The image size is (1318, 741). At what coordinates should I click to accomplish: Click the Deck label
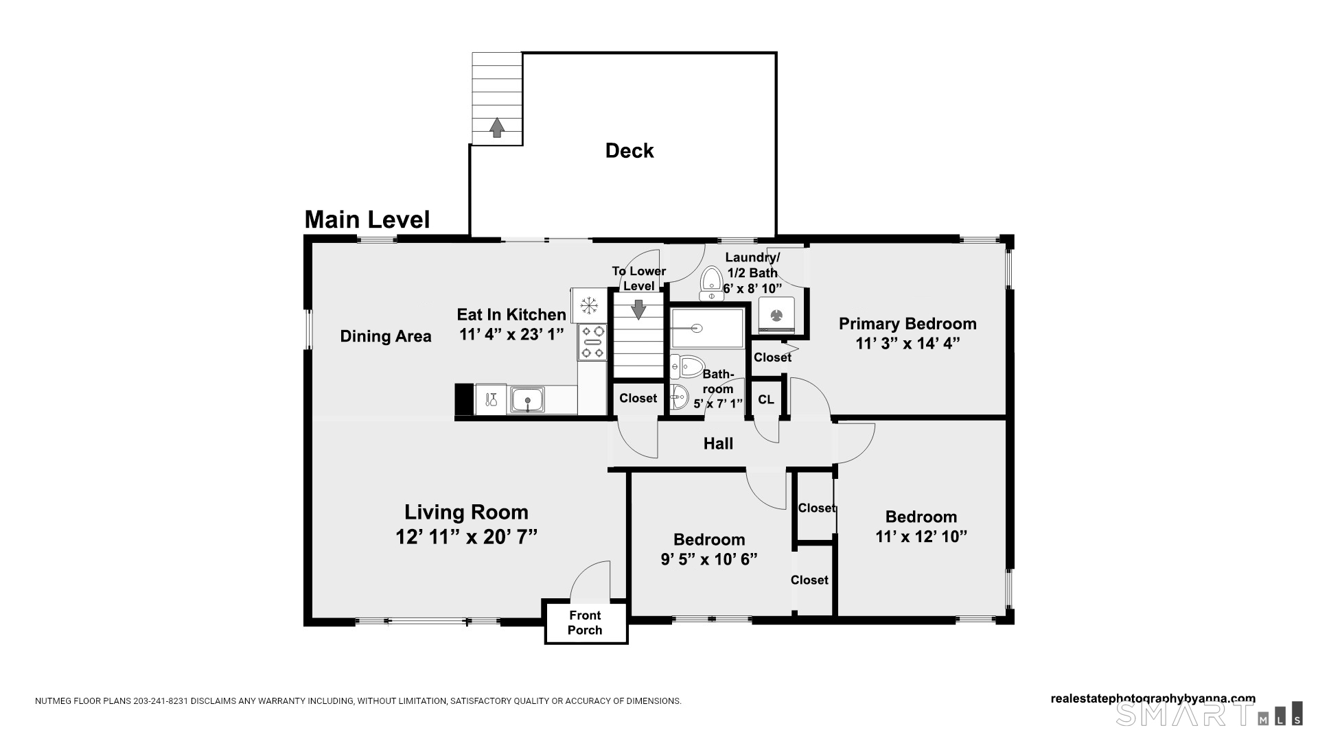(x=629, y=151)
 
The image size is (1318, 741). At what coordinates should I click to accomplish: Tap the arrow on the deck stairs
(x=496, y=127)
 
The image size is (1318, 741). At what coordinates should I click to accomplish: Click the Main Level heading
(x=367, y=220)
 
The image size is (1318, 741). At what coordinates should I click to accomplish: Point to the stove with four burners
(x=592, y=342)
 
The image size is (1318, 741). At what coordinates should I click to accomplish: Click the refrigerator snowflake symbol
(x=588, y=305)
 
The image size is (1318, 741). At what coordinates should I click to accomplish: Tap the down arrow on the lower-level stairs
(x=638, y=309)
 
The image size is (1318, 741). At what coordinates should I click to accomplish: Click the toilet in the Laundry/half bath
(x=711, y=284)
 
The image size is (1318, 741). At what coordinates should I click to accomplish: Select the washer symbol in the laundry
(x=776, y=315)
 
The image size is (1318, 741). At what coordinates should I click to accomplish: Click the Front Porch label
(x=585, y=623)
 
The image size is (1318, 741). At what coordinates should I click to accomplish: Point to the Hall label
(x=718, y=444)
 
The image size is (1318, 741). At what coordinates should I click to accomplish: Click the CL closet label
(x=766, y=399)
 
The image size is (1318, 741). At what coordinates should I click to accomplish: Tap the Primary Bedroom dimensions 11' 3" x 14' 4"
(x=907, y=344)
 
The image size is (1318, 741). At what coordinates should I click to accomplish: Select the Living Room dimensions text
(x=466, y=537)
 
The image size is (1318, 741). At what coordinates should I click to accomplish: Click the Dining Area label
(x=386, y=336)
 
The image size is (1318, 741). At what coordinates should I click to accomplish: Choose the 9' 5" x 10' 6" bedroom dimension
(x=709, y=560)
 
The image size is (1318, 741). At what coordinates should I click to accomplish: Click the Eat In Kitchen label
(x=511, y=315)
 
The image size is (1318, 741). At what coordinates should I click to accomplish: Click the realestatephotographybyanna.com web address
(x=1153, y=699)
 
